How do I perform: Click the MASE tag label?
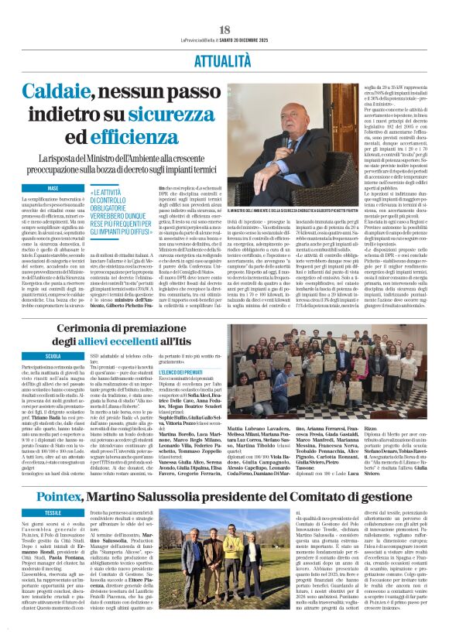(53, 188)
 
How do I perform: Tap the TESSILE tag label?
(53, 512)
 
